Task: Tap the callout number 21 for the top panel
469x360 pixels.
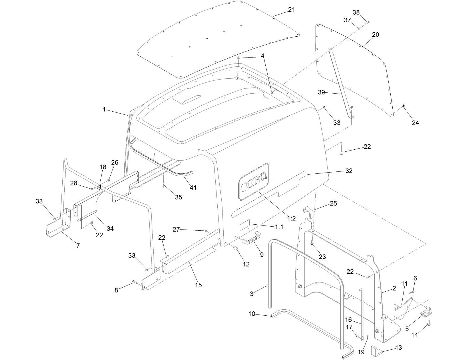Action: point(291,9)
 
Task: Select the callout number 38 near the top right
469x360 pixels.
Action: point(356,13)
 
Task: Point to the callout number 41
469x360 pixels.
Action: point(193,188)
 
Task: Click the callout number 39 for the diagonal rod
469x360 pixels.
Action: point(322,92)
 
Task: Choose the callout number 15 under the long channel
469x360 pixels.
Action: point(198,285)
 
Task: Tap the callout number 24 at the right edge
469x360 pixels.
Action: point(415,123)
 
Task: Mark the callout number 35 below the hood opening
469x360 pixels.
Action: point(178,197)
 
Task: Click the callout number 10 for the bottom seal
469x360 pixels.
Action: point(252,314)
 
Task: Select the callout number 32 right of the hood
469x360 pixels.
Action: point(349,171)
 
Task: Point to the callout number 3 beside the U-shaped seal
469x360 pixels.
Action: point(252,294)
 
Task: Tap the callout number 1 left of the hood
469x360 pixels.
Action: point(105,109)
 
